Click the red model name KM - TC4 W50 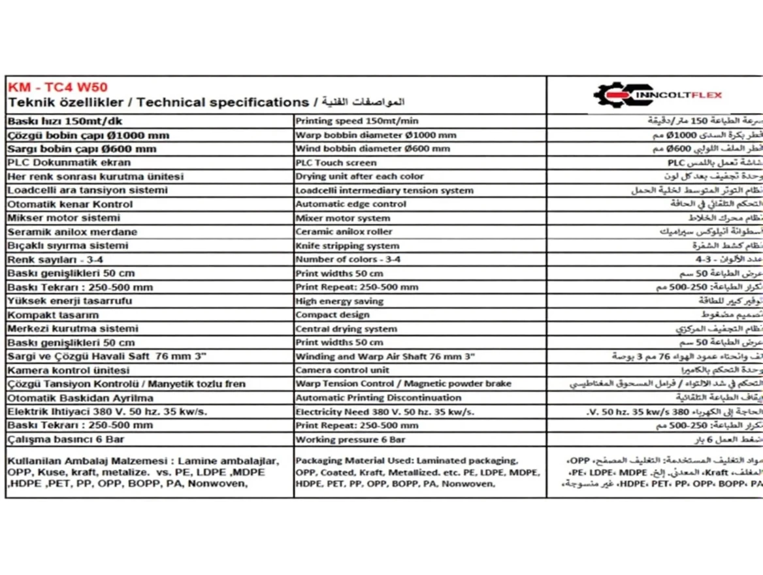(57, 88)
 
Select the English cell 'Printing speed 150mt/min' (357, 121)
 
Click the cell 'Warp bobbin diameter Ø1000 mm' (376, 135)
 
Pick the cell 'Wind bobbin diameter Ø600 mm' (372, 149)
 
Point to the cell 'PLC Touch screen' (336, 163)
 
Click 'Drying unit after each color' (359, 176)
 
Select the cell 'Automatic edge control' (350, 204)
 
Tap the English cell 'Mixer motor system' (342, 218)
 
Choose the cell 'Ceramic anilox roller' (344, 232)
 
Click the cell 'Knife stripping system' (347, 246)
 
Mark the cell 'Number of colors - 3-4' (348, 259)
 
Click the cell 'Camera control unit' (342, 370)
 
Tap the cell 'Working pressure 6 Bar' (350, 440)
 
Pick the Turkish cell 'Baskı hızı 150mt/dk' (65, 121)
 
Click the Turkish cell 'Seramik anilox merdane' (73, 232)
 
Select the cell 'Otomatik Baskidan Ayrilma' (80, 398)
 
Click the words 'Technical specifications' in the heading (223, 103)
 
